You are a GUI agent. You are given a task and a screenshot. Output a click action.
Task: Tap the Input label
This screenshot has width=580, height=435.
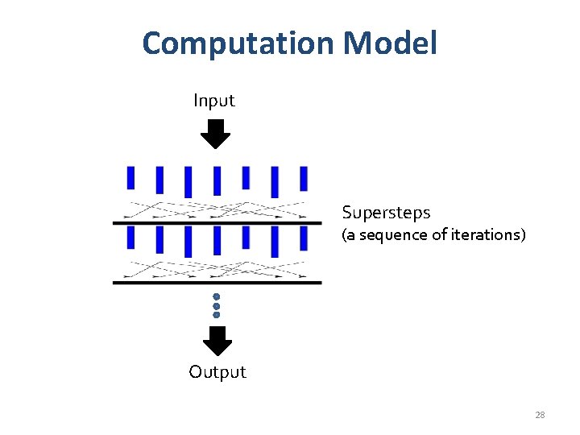[213, 101]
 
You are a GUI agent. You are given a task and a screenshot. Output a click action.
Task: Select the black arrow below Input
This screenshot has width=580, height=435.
[215, 134]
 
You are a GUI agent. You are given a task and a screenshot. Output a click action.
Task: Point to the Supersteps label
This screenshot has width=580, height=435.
[386, 213]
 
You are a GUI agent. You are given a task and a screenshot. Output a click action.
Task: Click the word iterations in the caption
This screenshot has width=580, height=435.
[483, 235]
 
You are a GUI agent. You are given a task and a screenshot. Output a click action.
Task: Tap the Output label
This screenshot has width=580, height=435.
[217, 371]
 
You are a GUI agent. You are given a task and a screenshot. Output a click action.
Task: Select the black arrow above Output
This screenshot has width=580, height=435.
[217, 341]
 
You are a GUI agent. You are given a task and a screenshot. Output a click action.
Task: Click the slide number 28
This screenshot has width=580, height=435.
[540, 415]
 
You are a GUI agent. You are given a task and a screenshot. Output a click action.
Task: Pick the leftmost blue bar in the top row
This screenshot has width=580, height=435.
[130, 177]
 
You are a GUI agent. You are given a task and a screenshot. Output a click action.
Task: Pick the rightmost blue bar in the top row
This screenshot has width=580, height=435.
[304, 178]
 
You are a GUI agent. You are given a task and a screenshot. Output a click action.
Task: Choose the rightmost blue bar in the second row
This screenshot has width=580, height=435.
[304, 238]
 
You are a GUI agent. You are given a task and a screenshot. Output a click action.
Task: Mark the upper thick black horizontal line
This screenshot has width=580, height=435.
[217, 222]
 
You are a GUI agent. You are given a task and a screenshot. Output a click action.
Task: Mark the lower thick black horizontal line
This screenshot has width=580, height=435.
[217, 283]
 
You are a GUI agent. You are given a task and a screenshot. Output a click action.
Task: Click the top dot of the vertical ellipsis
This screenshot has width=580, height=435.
[217, 296]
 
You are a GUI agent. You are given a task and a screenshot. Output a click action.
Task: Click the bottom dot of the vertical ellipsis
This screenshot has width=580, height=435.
[217, 315]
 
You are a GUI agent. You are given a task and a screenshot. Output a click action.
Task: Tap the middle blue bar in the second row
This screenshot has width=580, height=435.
[217, 240]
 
